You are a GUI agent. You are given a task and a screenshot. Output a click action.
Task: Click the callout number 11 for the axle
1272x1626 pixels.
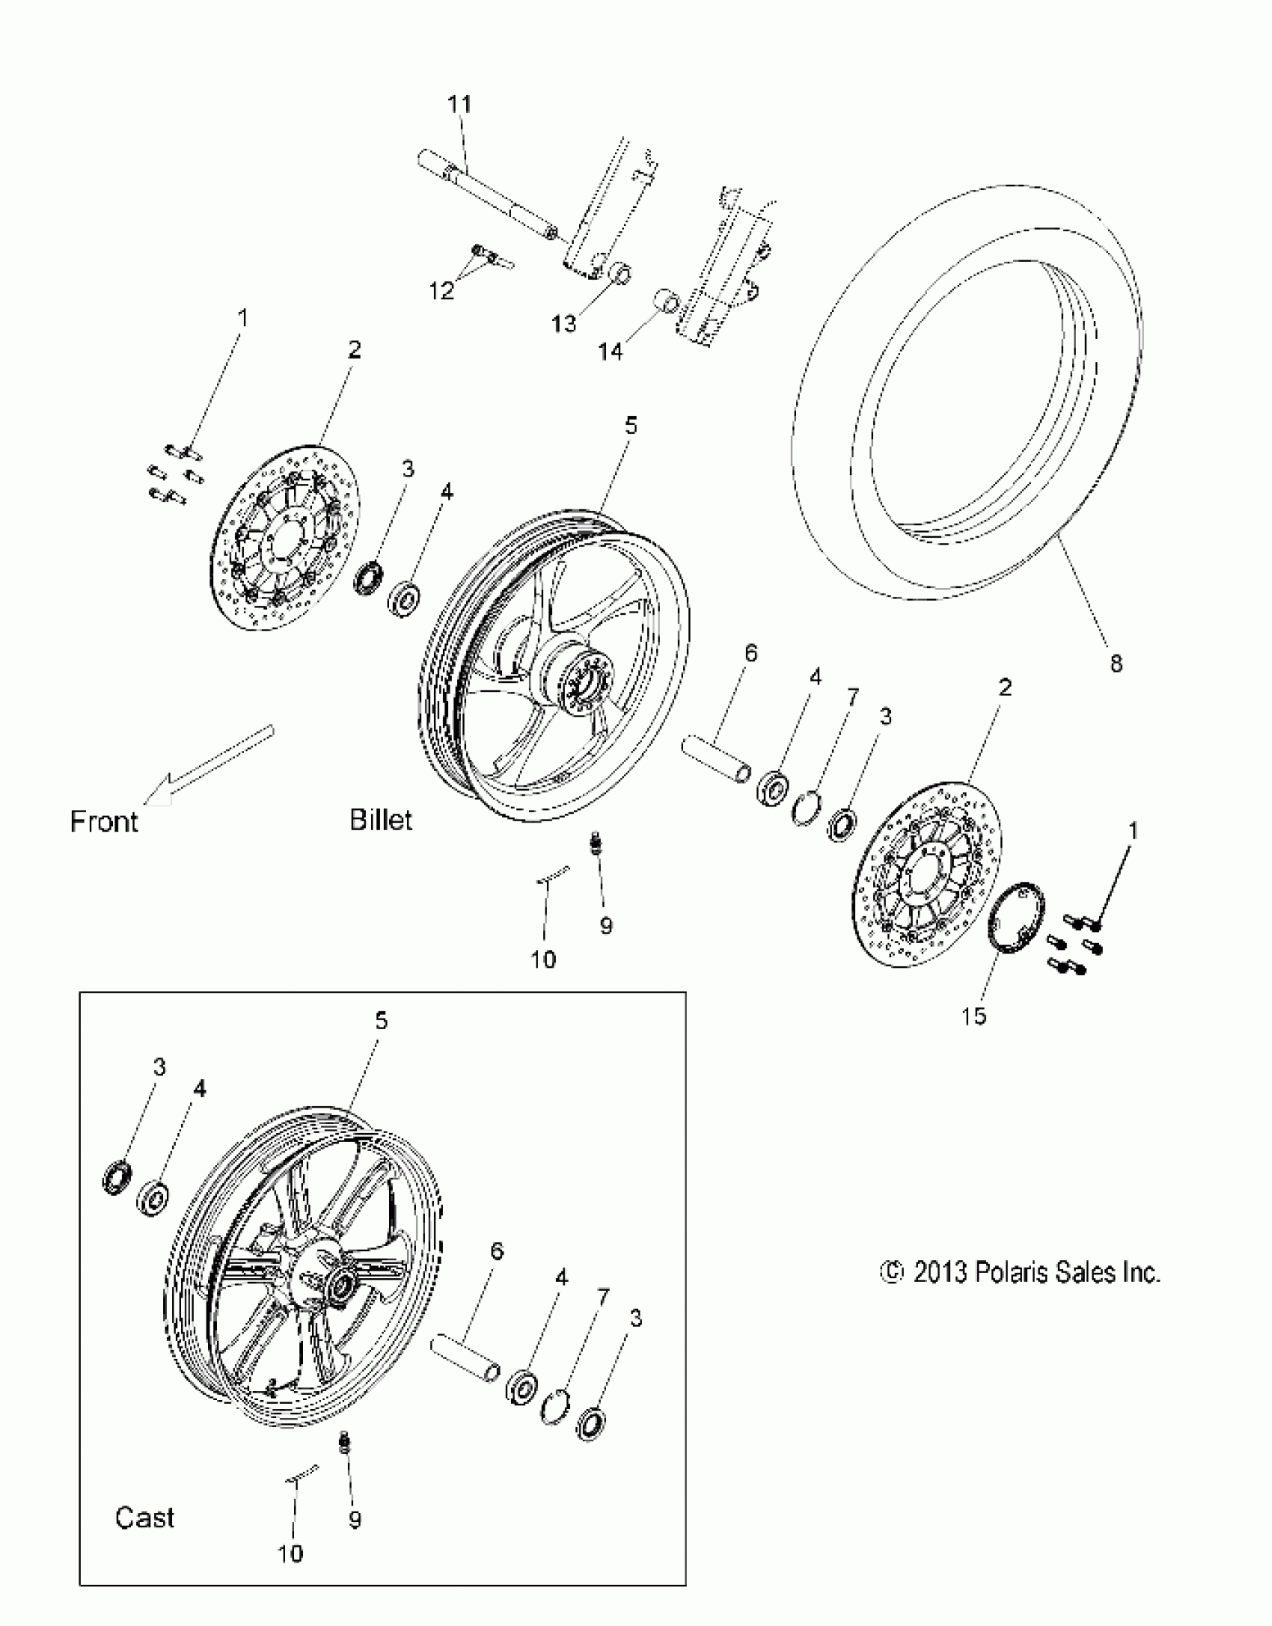point(459,104)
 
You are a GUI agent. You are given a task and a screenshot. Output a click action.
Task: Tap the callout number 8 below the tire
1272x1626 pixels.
point(1116,663)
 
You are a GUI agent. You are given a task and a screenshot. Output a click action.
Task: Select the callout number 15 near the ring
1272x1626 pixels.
point(975,1016)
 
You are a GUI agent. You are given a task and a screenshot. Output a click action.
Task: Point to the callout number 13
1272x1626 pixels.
point(564,323)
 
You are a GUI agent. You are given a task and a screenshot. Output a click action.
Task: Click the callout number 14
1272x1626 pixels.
point(611,350)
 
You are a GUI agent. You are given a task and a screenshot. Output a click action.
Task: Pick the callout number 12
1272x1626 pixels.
point(442,290)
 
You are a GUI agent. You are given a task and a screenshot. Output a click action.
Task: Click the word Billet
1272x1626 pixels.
point(381,820)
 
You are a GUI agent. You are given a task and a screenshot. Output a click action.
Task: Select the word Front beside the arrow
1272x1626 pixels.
point(104,821)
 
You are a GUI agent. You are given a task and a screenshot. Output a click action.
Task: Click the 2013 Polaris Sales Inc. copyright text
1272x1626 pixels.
point(1021,1272)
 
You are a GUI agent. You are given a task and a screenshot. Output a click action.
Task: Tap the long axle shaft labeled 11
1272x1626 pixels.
point(486,198)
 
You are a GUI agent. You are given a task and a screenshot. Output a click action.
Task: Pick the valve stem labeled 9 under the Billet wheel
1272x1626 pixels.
point(596,846)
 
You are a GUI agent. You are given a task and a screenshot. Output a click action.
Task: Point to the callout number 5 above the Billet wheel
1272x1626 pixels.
point(631,426)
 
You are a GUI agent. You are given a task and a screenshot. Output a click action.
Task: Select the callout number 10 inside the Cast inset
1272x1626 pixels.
point(290,1553)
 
